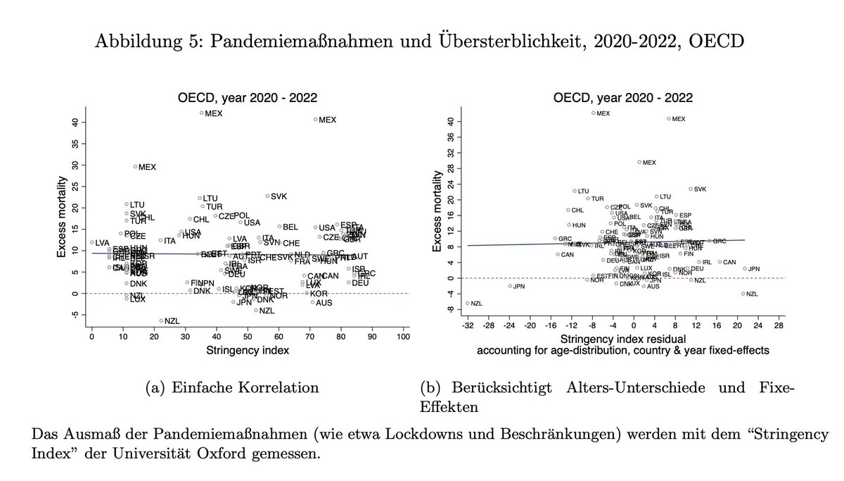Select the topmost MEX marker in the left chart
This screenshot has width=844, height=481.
click(x=201, y=113)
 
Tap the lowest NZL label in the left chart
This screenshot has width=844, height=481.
click(x=172, y=320)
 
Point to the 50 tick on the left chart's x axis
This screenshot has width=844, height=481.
click(x=247, y=339)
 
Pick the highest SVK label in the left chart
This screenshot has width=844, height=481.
click(x=279, y=196)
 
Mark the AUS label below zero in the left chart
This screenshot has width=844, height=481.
click(x=324, y=302)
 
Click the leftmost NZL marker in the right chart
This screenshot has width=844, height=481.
click(x=468, y=303)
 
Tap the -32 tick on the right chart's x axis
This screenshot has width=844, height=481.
click(x=468, y=327)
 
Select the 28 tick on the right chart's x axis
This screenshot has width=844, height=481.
click(x=779, y=327)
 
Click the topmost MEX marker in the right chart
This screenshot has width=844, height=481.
click(x=593, y=113)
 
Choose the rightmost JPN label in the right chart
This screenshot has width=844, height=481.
click(x=753, y=268)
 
